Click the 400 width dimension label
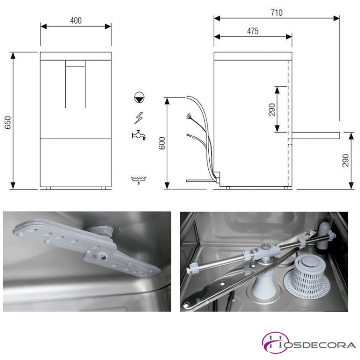(76, 21)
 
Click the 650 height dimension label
(8, 122)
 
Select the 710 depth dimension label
(276, 13)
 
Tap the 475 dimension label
(253, 31)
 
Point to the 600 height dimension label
(162, 143)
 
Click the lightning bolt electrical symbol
(139, 118)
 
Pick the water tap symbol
(139, 135)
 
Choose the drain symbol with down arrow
(139, 180)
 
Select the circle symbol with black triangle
(139, 98)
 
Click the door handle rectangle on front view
(75, 63)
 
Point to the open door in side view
(314, 135)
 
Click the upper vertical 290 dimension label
(272, 109)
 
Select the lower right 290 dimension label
(346, 161)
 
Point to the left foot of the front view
(49, 188)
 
